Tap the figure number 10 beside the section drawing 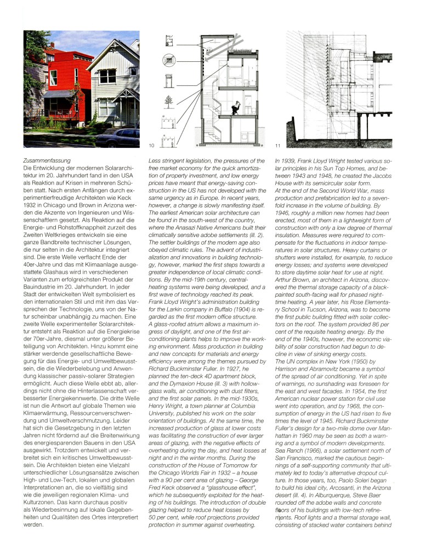pyautogui.click(x=152, y=146)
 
